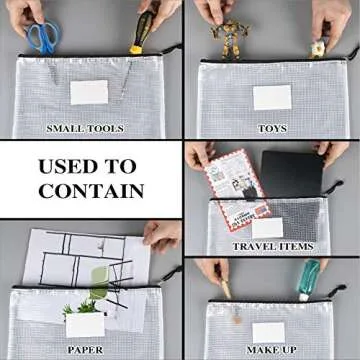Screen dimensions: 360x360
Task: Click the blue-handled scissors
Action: [x=42, y=36]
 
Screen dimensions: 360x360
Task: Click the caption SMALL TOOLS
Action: [x=85, y=128]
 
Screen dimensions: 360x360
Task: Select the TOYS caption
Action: [x=272, y=128]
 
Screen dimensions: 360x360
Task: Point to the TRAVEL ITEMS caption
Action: [x=272, y=245]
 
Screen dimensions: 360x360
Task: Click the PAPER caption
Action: [x=85, y=349]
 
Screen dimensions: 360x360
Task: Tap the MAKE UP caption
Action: [x=272, y=349]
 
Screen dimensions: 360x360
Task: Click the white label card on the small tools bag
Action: [x=89, y=93]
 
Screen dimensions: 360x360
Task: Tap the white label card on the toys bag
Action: [x=272, y=97]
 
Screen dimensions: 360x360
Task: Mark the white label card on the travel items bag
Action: [x=266, y=226]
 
